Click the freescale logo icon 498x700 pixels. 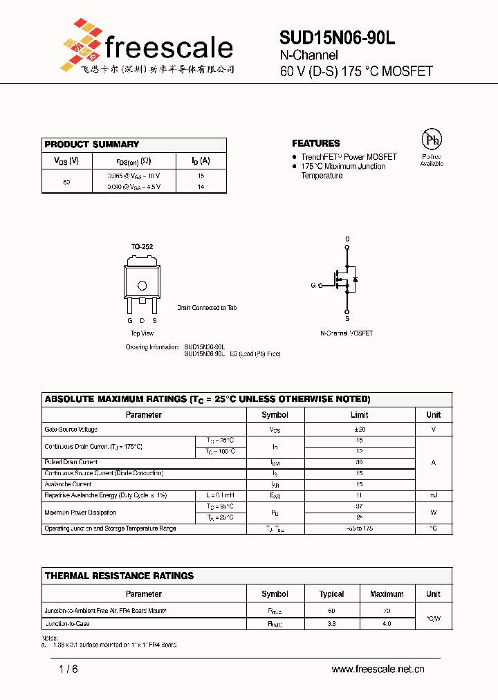81,46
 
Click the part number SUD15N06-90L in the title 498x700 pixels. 338,39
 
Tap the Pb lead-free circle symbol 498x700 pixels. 432,140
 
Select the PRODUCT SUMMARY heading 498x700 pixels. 91,145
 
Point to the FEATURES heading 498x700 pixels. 315,143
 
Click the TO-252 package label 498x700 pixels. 142,247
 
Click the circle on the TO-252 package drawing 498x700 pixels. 142,285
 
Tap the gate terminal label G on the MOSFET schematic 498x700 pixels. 313,285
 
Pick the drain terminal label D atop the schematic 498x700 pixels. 347,239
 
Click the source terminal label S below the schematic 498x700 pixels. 347,319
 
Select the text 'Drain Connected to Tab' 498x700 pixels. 206,308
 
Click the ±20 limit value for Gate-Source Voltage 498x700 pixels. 359,430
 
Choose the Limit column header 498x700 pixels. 359,415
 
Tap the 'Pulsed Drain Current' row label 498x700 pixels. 71,462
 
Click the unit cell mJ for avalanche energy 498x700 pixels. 433,495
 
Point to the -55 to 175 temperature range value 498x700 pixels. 359,528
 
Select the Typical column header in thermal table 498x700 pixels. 331,594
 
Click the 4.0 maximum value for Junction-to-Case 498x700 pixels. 386,624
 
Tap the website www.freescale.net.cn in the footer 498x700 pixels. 378,669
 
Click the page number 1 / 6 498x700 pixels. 68,669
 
